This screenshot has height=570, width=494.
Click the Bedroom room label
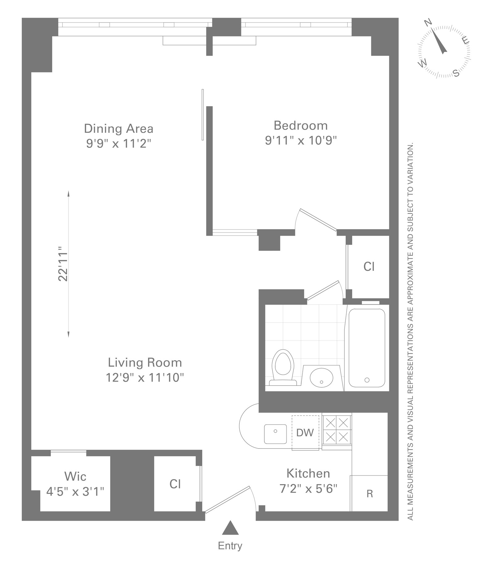(300, 126)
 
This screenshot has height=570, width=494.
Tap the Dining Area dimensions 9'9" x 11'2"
(119, 144)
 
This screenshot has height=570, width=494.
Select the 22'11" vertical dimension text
(63, 263)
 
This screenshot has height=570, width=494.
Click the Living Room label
(145, 363)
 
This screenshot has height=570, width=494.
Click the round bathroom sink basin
(321, 377)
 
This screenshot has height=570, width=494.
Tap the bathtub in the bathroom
(366, 347)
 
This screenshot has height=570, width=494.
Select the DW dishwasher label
(305, 433)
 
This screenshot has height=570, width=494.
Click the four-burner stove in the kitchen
(337, 430)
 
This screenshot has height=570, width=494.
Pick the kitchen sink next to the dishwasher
(275, 434)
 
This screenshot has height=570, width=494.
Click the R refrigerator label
(370, 494)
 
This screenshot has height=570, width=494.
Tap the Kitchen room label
(308, 473)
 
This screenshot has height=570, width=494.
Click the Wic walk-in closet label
(75, 476)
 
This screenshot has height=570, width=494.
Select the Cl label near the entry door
(175, 484)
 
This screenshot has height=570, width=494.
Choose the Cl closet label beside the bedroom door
(369, 266)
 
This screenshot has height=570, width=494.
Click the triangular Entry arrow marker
(230, 528)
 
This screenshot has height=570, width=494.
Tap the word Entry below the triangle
(230, 546)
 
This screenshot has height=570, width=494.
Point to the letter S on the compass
(456, 73)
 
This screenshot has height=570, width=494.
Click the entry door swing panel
(228, 499)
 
